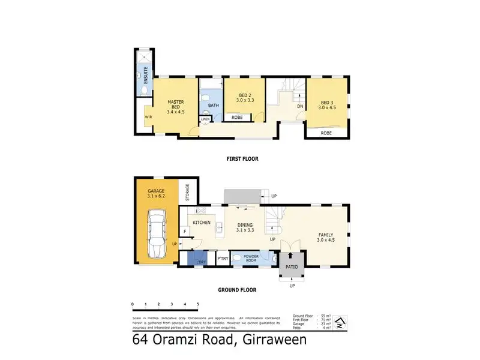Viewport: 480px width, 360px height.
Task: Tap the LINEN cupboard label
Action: point(205,119)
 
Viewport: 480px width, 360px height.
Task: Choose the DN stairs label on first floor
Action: point(300,107)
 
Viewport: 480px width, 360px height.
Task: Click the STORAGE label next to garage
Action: point(188,193)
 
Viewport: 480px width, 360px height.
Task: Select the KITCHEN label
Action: point(201,223)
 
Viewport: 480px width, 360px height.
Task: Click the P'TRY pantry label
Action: point(222,259)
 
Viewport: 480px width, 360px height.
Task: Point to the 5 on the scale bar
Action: point(197,305)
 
